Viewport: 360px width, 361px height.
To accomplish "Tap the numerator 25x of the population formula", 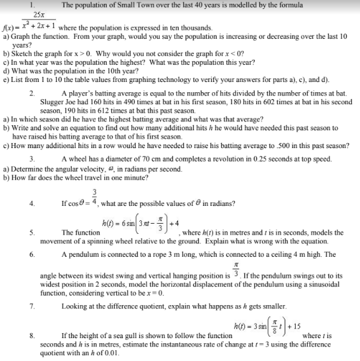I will (x=38, y=14).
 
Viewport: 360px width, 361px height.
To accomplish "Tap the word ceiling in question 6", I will (x=261, y=255).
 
